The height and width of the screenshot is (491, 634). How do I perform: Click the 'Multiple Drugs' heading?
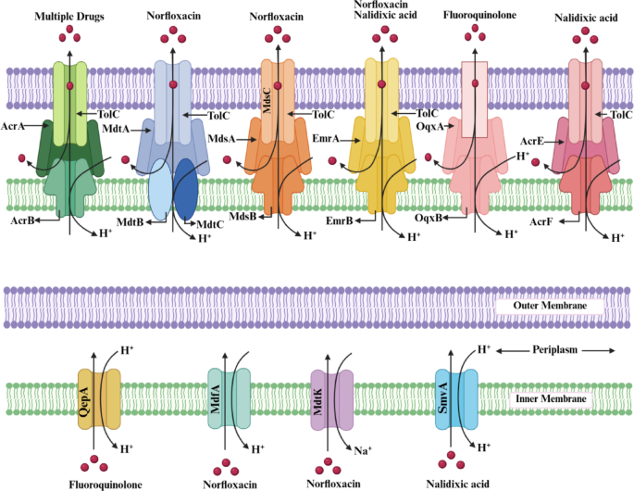(69, 17)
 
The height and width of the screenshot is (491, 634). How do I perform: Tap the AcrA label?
(13, 126)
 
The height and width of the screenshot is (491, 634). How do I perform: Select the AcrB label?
(22, 220)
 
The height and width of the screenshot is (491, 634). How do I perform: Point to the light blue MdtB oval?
(160, 189)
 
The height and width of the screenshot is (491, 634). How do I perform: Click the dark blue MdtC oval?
(186, 189)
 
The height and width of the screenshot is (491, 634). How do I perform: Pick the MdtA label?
(116, 129)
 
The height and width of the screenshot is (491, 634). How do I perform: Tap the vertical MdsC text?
(267, 100)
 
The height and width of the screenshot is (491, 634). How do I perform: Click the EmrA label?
(326, 139)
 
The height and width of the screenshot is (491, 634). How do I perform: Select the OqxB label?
(429, 218)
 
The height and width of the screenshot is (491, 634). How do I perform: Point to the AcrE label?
(531, 141)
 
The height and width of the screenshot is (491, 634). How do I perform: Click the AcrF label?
(541, 221)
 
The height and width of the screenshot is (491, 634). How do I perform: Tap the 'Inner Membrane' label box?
(551, 399)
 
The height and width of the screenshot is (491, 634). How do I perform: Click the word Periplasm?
(554, 350)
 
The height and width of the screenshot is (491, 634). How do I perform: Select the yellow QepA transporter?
(99, 398)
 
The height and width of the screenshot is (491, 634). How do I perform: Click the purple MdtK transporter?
(332, 400)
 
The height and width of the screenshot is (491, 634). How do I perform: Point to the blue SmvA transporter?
(456, 399)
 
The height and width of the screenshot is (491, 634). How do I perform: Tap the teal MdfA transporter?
(229, 398)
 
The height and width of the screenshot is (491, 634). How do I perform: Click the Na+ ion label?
(363, 450)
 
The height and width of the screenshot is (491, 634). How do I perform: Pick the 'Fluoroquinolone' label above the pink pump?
(479, 15)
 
